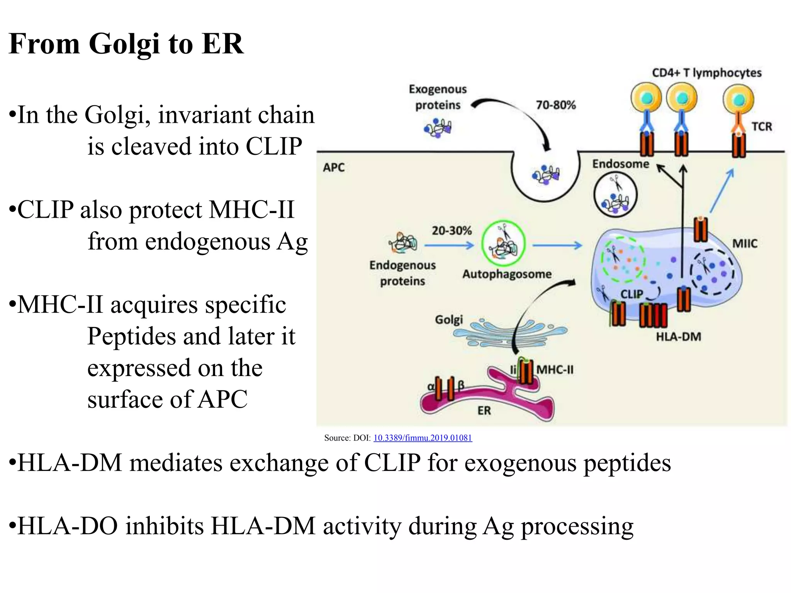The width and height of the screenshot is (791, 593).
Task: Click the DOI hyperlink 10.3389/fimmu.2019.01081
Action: (423, 438)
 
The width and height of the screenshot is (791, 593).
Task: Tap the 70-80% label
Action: (556, 105)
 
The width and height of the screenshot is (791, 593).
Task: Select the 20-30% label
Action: (452, 231)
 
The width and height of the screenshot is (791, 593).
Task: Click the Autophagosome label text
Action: (507, 274)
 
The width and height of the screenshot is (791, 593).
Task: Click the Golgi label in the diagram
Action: (448, 320)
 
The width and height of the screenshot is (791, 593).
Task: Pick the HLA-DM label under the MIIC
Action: (678, 337)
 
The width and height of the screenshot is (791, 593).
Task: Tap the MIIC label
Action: (745, 244)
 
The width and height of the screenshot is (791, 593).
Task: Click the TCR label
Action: (761, 127)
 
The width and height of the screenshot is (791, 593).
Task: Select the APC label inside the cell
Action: (334, 168)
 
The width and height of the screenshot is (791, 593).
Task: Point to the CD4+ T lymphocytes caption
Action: (706, 73)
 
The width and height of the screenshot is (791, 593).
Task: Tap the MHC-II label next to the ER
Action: (555, 370)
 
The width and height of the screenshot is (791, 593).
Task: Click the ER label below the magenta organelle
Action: (484, 410)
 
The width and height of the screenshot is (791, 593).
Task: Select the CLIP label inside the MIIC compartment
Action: (631, 294)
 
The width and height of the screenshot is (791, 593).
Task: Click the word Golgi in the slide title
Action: (124, 44)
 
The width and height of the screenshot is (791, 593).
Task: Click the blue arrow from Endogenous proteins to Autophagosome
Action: (449, 245)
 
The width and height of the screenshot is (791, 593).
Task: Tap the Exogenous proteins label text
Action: (438, 97)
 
